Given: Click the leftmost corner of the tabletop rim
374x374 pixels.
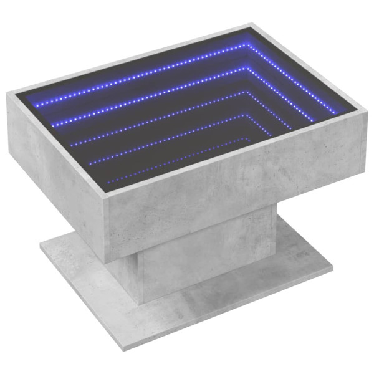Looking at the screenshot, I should click(8, 93).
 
